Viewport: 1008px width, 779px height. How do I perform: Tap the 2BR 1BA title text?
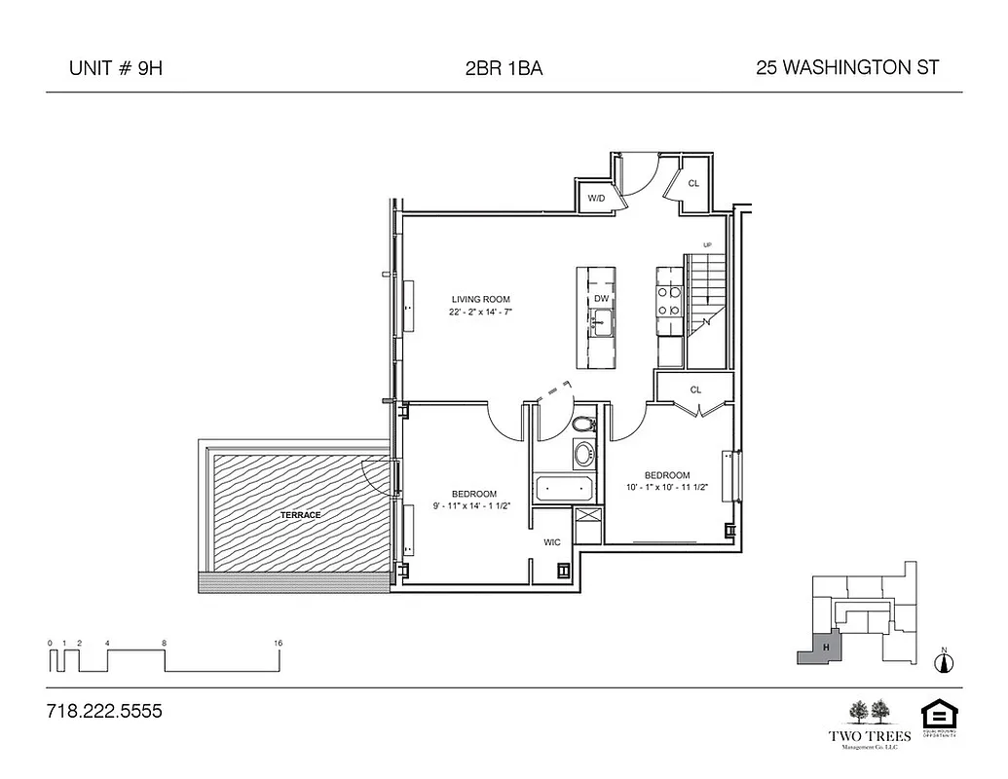pyautogui.click(x=504, y=68)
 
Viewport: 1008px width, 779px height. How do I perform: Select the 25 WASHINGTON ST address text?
pyautogui.click(x=846, y=68)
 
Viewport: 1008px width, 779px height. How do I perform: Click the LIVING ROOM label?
pyautogui.click(x=480, y=299)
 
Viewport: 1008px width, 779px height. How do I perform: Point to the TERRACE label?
pyautogui.click(x=301, y=514)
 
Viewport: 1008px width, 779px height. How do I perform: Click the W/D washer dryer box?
pyautogui.click(x=596, y=199)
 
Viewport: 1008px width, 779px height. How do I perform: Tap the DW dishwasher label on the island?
pyautogui.click(x=601, y=298)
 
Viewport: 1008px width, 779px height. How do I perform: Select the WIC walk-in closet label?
pyautogui.click(x=551, y=542)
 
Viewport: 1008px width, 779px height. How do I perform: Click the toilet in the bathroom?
pyautogui.click(x=582, y=425)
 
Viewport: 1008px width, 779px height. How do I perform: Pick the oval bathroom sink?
pyautogui.click(x=583, y=454)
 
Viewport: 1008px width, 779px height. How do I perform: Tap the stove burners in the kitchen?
pyautogui.click(x=670, y=301)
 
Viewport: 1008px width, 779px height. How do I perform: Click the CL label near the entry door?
pyautogui.click(x=694, y=183)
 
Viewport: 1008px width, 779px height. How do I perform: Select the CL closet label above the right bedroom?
pyautogui.click(x=695, y=389)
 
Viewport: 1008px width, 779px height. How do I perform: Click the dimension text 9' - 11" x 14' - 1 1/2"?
pyautogui.click(x=474, y=506)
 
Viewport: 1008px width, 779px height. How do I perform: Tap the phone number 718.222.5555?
pyautogui.click(x=104, y=712)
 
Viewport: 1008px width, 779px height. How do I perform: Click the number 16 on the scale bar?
pyautogui.click(x=279, y=644)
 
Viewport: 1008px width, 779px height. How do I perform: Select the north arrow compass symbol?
pyautogui.click(x=942, y=663)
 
